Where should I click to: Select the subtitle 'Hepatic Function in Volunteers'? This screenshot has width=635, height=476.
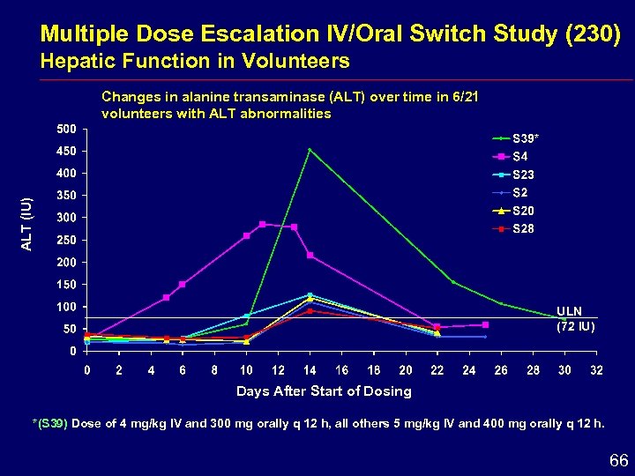tap(195, 61)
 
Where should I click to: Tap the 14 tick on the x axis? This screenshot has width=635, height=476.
tap(310, 369)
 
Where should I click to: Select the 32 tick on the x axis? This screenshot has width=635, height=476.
tap(596, 369)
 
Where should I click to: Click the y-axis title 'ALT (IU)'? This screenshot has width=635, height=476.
tap(27, 224)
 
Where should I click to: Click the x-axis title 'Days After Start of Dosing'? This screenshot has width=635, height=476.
tap(324, 390)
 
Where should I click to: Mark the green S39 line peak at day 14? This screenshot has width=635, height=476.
tap(310, 150)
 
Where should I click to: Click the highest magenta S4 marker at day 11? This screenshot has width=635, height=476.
tap(262, 224)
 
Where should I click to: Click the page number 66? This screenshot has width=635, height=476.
tap(617, 460)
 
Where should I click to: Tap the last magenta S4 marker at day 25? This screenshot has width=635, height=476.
tap(485, 324)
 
